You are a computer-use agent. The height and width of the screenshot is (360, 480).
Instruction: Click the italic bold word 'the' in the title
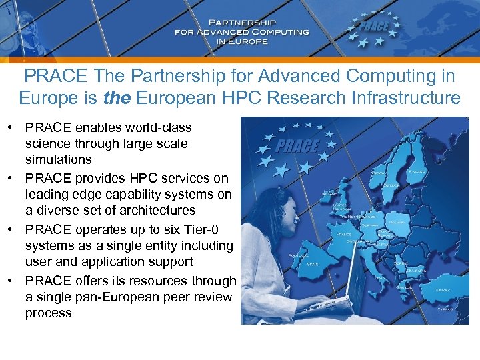118,99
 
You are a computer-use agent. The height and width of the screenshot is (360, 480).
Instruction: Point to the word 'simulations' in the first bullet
59,160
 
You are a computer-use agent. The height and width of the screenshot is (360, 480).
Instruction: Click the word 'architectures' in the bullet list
154,211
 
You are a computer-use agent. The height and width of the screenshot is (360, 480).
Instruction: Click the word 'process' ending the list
48,313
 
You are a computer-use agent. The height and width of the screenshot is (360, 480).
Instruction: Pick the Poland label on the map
396,222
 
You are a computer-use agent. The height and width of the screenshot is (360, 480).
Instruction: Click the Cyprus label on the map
445,309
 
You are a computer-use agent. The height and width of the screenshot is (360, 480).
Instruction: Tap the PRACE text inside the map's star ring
297,146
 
